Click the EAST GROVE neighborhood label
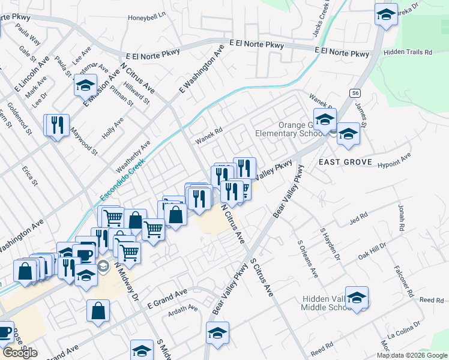pos(345,162)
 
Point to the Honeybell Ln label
pos(146,17)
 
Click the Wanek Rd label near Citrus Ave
pos(208,135)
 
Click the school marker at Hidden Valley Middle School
pos(357,297)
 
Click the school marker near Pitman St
pos(86,85)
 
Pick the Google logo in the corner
pos(20,352)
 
